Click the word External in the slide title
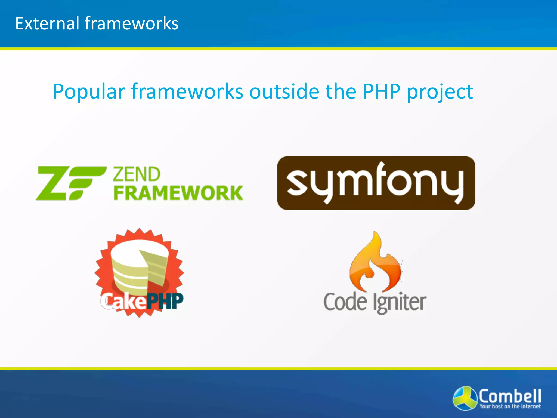(x=47, y=23)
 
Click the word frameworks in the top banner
(x=131, y=23)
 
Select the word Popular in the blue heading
(x=89, y=92)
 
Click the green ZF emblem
(x=71, y=183)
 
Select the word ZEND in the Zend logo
(x=137, y=174)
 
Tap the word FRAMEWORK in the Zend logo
(x=178, y=193)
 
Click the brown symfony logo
(x=376, y=183)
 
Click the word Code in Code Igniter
(x=345, y=302)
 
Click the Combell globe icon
(x=465, y=398)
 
